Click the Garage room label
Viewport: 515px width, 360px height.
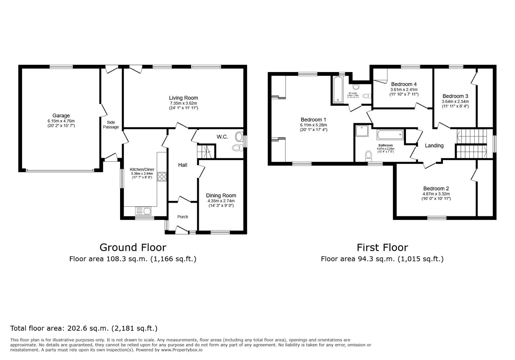click(61, 116)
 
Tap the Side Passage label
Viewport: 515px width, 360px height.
click(111, 125)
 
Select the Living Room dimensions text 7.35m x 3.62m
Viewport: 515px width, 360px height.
click(183, 103)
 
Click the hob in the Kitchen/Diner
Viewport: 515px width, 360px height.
click(162, 176)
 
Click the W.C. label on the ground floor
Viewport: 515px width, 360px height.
click(222, 137)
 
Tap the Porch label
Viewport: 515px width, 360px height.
click(182, 217)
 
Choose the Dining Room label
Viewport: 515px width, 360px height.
click(221, 196)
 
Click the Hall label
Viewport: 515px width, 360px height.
click(182, 165)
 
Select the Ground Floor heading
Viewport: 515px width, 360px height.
click(133, 247)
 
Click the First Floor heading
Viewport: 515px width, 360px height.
click(382, 247)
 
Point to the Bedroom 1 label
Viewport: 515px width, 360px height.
click(313, 120)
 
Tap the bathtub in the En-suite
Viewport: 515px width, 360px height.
click(337, 89)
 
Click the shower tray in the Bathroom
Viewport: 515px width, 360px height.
click(362, 131)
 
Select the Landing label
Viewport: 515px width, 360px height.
click(434, 146)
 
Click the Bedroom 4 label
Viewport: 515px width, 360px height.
click(404, 84)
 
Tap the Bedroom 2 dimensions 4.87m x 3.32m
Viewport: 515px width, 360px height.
click(436, 194)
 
